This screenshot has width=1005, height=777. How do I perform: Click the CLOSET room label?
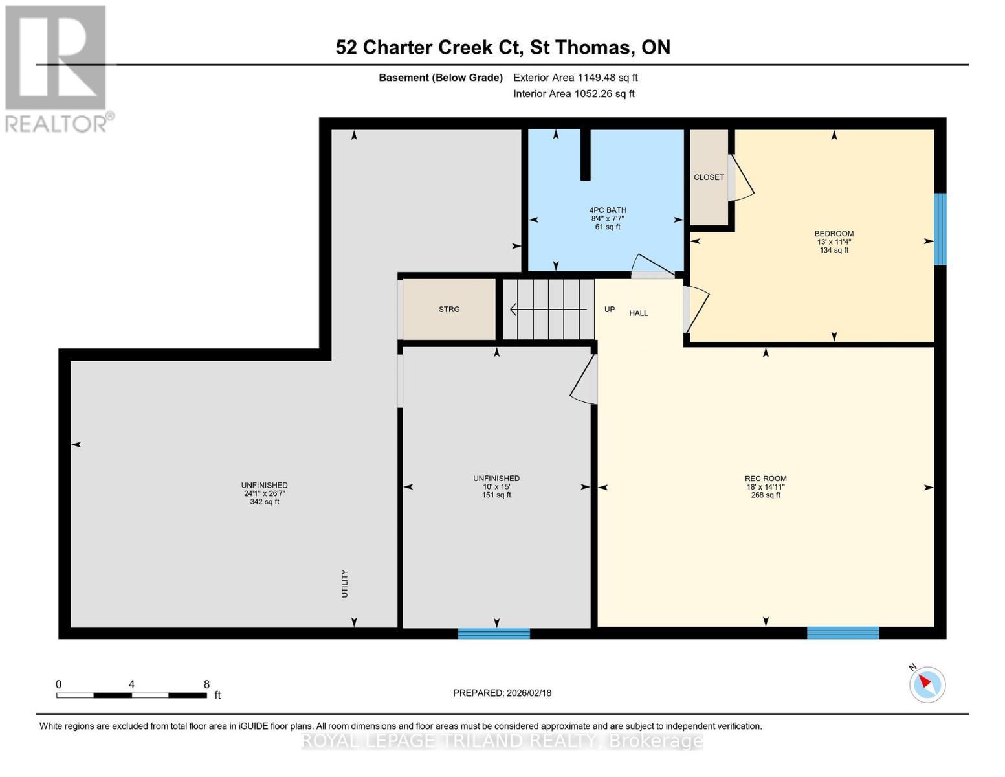tap(709, 177)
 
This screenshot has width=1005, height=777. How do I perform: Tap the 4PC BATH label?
tap(608, 210)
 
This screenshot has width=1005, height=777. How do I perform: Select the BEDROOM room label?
tap(834, 234)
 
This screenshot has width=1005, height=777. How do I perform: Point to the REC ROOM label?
tap(766, 479)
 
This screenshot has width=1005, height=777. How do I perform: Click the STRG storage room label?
tap(449, 310)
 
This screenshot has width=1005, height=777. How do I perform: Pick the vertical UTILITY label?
tap(345, 583)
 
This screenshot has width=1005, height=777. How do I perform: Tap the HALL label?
tap(639, 313)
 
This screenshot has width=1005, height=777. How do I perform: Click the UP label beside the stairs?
tap(609, 310)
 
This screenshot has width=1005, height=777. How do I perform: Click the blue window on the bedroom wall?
tap(940, 229)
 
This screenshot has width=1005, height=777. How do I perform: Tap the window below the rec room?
tap(843, 633)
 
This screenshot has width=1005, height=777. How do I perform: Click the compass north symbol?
tap(927, 684)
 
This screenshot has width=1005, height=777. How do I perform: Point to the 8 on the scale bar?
tap(206, 684)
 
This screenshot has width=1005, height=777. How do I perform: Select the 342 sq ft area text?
tap(265, 502)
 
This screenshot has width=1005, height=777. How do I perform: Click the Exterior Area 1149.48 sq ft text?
tap(575, 78)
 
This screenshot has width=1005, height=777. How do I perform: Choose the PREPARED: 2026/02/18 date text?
tap(502, 693)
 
